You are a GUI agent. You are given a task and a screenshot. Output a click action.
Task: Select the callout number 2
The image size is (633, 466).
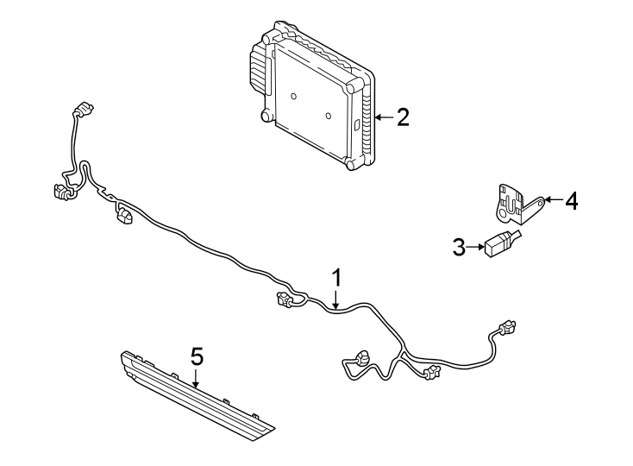(403, 117)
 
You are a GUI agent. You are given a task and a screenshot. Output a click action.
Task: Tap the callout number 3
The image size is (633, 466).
(459, 248)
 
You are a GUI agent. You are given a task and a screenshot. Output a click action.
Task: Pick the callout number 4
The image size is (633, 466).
(571, 201)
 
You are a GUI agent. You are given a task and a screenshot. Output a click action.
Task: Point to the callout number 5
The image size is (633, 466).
(197, 356)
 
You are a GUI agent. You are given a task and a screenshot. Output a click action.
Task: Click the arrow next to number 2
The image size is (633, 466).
(383, 117)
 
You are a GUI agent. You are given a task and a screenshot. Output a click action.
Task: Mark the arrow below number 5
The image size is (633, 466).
(197, 377)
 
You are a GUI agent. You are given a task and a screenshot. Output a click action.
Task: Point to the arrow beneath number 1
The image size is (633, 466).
(337, 299)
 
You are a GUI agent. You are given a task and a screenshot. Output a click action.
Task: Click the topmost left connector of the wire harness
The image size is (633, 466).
(83, 110)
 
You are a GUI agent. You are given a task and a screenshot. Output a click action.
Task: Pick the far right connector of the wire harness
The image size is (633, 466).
(507, 328)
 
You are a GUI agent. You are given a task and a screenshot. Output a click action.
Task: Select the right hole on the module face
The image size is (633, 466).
(329, 115)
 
